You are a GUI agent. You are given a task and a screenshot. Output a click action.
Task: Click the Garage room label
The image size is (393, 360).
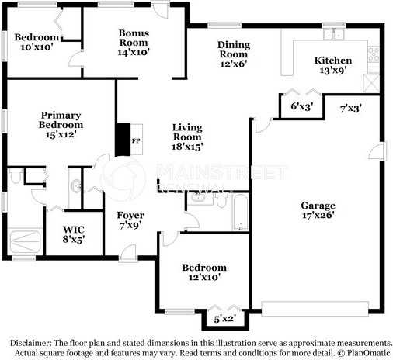pyautogui.click(x=319, y=206)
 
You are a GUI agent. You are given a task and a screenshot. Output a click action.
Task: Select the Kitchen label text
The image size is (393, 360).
pyautogui.click(x=332, y=61)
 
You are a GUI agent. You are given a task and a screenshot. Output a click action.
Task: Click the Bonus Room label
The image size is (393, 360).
pyautogui.click(x=134, y=38)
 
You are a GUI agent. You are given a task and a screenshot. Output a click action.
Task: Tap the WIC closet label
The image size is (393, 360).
pyautogui.click(x=74, y=229)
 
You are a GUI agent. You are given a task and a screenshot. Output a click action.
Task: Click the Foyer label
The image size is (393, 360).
pyautogui.click(x=130, y=215)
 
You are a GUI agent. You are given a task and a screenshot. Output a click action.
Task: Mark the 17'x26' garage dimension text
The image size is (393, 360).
pyautogui.click(x=319, y=216)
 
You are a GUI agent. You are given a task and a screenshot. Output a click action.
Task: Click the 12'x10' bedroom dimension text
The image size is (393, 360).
pyautogui.click(x=204, y=278)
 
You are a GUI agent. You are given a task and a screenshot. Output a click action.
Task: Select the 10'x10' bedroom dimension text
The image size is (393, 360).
pyautogui.click(x=37, y=47)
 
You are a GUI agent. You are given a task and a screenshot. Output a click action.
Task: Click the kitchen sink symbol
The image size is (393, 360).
pyautogui.click(x=335, y=33)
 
